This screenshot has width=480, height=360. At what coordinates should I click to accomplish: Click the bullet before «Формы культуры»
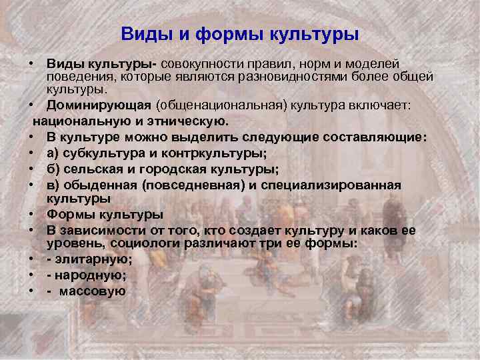[31, 215]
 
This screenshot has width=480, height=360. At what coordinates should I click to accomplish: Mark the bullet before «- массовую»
[31, 291]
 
